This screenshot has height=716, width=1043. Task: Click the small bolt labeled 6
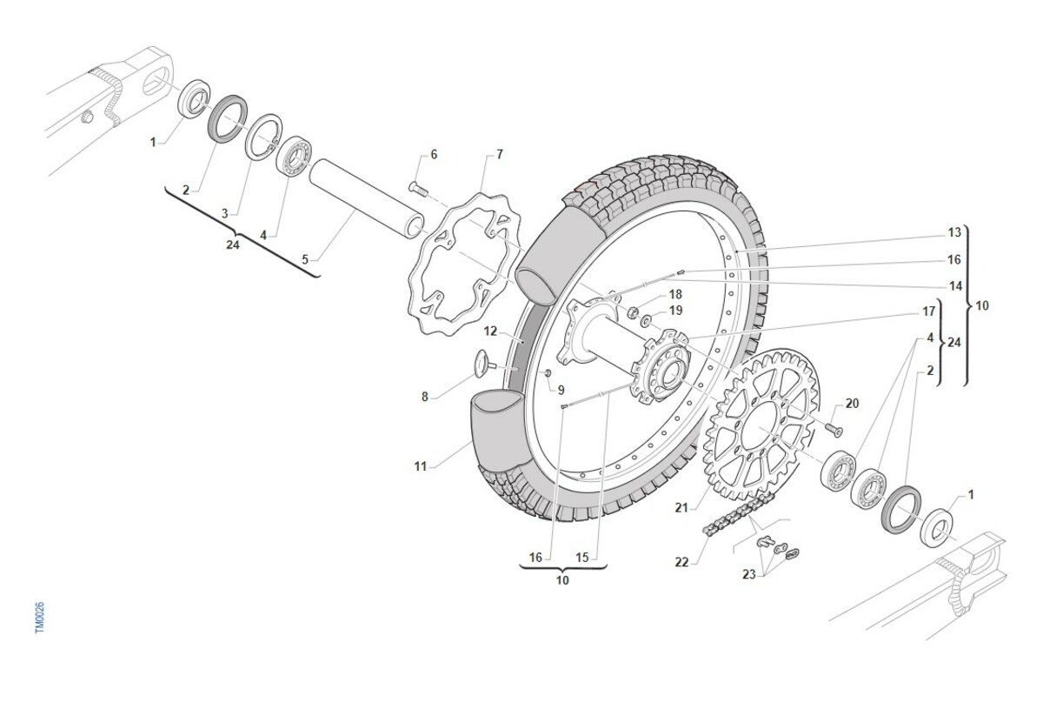pos(416,186)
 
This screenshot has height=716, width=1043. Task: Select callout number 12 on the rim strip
pos(490,331)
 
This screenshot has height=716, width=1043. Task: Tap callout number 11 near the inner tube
pos(421,467)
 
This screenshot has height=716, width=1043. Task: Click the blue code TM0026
pos(39,618)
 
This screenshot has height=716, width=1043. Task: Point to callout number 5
pos(304,259)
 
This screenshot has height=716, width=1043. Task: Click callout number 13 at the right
pos(954,232)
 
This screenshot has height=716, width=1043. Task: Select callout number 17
pos(928,311)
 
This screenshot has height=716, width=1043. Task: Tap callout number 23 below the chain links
pos(748,574)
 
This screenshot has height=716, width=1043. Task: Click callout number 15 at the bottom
pos(582,557)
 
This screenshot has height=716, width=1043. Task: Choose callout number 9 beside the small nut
pos(561,389)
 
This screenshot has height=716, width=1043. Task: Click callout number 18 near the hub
pos(675,294)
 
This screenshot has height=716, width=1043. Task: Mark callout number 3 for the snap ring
pos(224,213)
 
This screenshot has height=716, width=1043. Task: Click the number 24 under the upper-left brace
pos(232,244)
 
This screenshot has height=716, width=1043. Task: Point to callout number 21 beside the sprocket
pos(681,507)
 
